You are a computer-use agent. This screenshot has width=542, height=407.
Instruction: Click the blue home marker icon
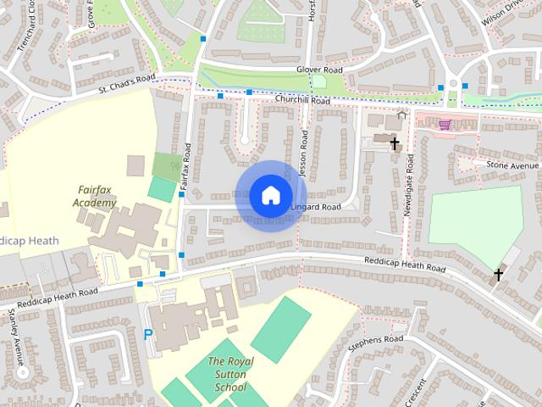pyautogui.click(x=269, y=196)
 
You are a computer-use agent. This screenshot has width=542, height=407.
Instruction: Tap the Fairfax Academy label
pyautogui.click(x=94, y=197)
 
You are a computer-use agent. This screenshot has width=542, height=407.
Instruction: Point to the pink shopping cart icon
pyautogui.click(x=445, y=125)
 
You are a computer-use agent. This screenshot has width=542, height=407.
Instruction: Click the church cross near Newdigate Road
pyautogui.click(x=394, y=143)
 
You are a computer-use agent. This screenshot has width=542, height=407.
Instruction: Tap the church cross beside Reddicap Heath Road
pyautogui.click(x=499, y=274)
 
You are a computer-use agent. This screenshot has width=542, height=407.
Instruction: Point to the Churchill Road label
pyautogui.click(x=301, y=100)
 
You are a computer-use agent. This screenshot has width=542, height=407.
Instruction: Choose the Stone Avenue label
pyautogui.click(x=512, y=164)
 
